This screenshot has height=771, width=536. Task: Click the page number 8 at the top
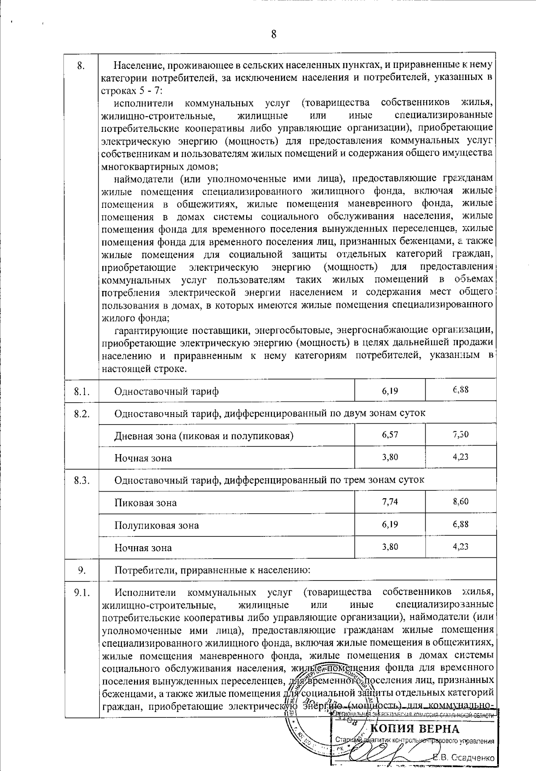pos(273,34)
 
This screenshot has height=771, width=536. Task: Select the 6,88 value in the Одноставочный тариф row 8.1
pos(461,390)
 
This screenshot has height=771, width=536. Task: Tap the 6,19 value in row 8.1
pos(390,391)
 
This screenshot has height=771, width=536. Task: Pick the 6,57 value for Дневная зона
pos(390,434)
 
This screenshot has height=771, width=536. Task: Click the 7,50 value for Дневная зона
pos(461,434)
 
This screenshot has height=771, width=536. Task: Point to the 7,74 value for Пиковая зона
pos(390,501)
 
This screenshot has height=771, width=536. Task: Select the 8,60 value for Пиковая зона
pos(461,501)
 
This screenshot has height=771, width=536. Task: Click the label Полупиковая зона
pos(156,526)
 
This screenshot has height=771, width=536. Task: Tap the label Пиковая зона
pos(145,503)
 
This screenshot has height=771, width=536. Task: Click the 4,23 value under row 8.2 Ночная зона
pos(461,457)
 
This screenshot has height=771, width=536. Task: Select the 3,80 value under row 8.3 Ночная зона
pos(390,546)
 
